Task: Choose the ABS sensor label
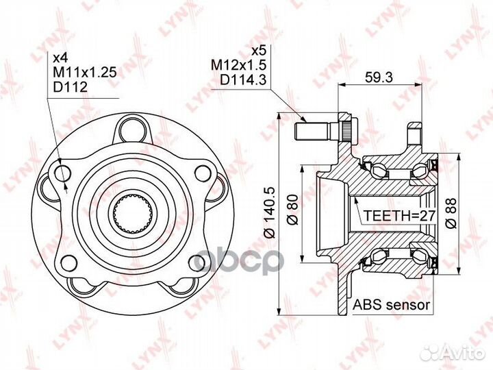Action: [x=391, y=305]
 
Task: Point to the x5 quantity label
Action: [x=258, y=51]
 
